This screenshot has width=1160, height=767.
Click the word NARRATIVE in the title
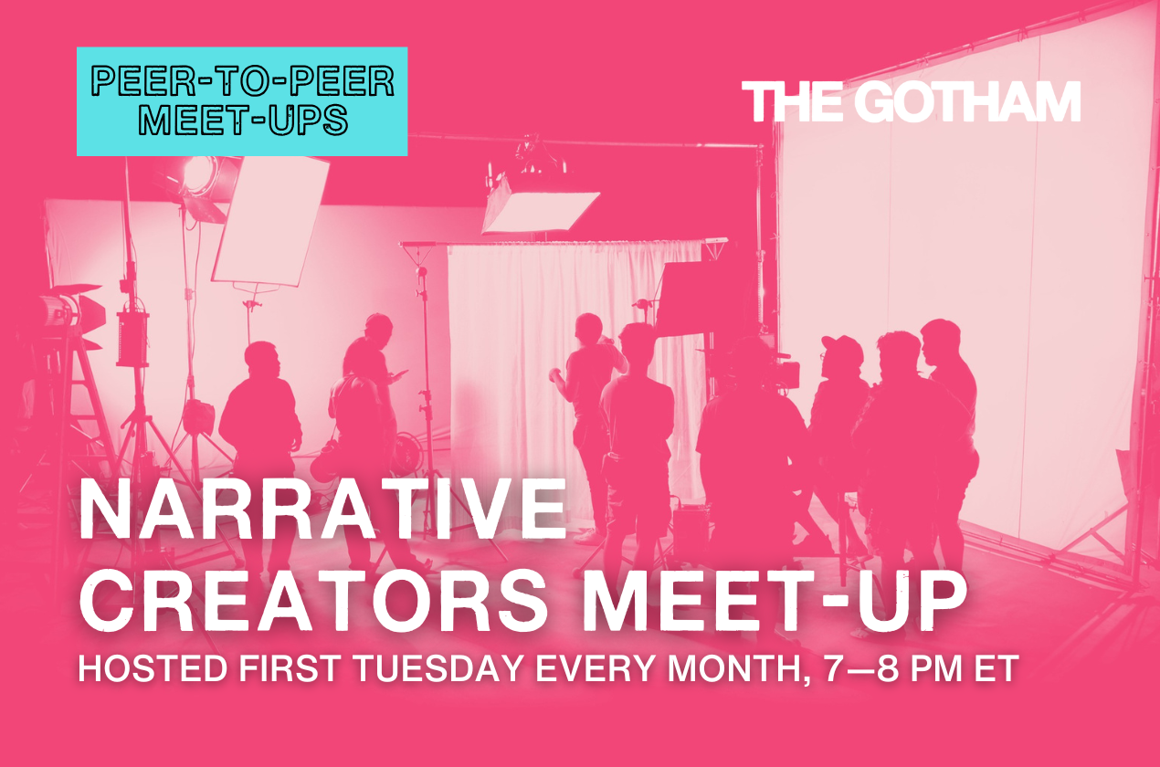(322, 509)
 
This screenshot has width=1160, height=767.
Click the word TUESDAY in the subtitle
(438, 668)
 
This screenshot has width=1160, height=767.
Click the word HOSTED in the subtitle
(153, 668)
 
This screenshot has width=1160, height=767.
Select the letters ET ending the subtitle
(996, 668)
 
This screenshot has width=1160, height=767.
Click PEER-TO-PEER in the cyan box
(242, 82)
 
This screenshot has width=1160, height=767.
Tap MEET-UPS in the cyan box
(242, 120)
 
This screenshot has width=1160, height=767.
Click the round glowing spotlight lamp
(200, 173)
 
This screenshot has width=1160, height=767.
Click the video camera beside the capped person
(781, 370)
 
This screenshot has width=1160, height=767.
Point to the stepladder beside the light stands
(78, 414)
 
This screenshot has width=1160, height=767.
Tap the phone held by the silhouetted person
(401, 373)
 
